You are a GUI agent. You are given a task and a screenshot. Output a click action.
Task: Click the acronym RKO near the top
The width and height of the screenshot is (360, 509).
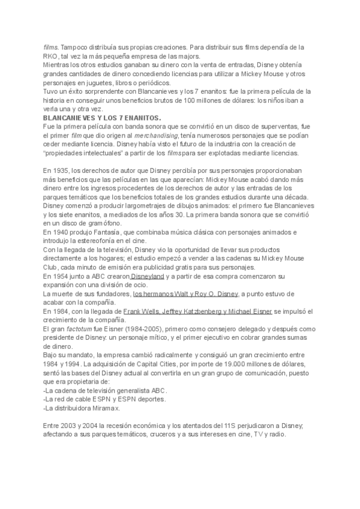[x=50, y=55]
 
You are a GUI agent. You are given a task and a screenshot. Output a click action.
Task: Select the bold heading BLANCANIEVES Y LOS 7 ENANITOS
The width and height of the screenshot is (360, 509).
[x=101, y=119]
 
